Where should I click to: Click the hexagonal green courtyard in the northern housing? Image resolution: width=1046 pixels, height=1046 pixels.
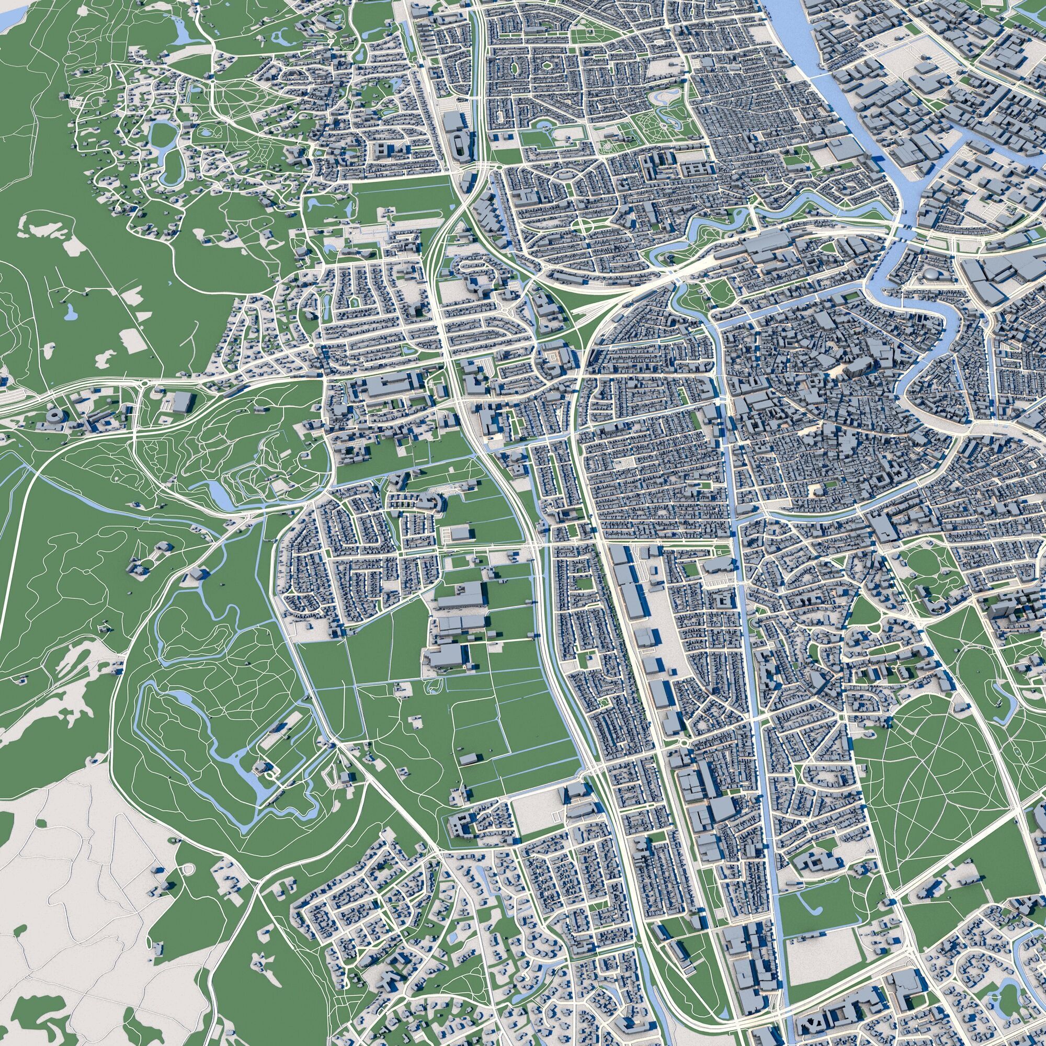548,65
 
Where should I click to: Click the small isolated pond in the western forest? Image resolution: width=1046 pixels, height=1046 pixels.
71,311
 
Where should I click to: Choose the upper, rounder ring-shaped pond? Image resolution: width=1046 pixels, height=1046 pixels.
161,134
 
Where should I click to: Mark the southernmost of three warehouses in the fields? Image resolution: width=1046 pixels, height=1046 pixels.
446,656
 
